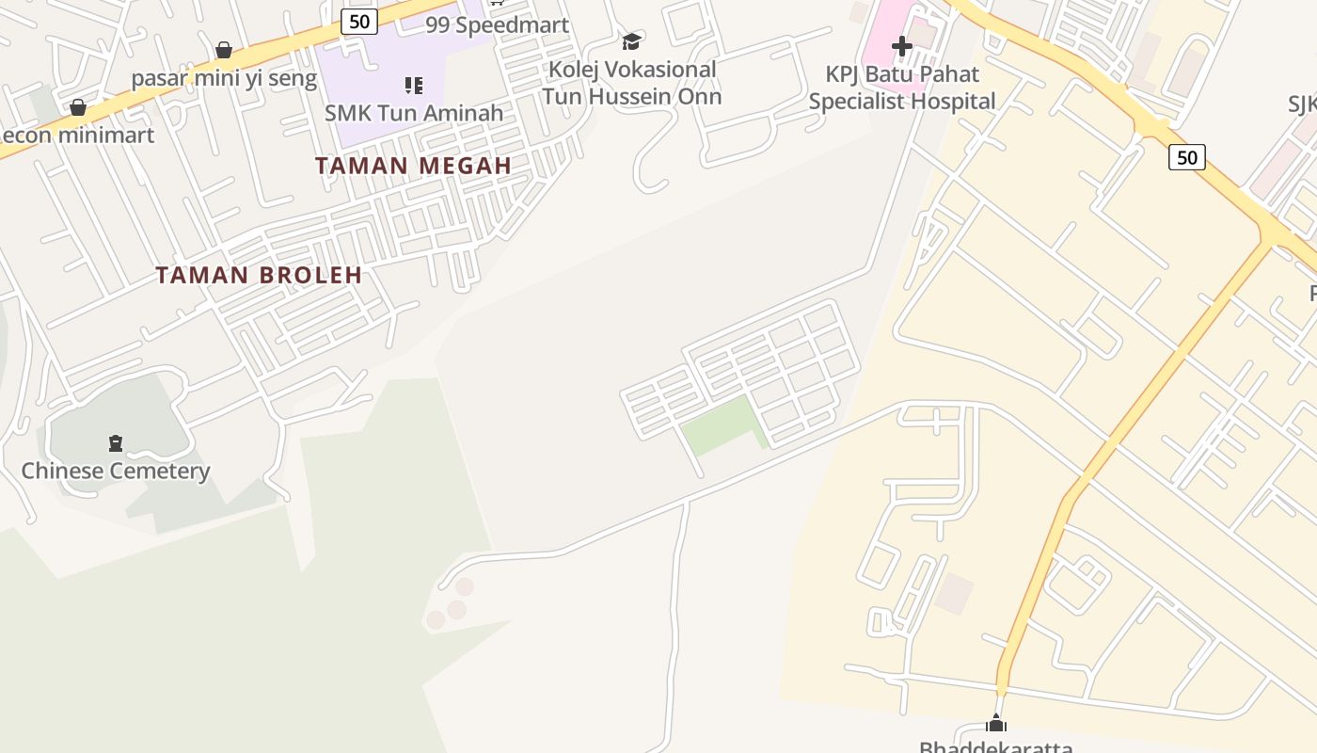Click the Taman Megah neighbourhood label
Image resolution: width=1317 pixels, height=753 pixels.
413,166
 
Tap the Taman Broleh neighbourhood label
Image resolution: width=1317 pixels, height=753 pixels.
259,275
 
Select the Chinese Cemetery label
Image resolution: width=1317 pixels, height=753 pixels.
116,471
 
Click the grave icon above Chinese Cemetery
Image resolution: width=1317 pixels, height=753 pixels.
116,442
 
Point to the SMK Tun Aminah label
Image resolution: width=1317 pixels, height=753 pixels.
414,113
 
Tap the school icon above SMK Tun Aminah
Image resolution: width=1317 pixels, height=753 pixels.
414,86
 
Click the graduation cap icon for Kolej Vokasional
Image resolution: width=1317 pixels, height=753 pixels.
631,42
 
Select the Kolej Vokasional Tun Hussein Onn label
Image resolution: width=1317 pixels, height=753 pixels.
631,83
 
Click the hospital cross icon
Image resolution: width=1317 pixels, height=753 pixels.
901,45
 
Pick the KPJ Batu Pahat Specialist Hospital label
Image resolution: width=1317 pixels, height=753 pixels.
901,88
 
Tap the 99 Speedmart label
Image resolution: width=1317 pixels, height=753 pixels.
497,25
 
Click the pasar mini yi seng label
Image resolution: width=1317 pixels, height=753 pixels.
224,78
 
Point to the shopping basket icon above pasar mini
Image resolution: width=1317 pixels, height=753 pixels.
224,50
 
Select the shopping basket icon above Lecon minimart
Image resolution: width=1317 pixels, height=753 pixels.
78,107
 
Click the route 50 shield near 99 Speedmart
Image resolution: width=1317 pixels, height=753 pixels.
359,21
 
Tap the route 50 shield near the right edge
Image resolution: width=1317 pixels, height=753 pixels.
1187,157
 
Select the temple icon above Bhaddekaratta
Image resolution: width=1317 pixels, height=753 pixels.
996,724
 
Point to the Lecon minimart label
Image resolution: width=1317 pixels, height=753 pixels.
77,135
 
